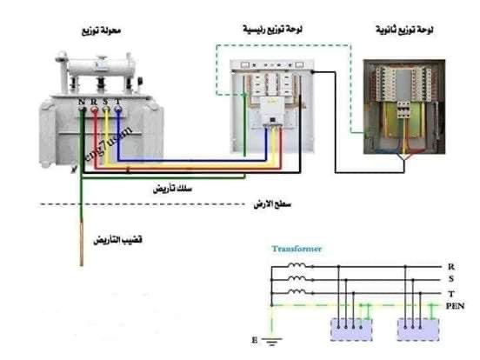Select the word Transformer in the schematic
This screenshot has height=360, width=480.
pyautogui.click(x=297, y=249)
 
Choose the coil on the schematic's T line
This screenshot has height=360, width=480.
pyautogui.click(x=297, y=293)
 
